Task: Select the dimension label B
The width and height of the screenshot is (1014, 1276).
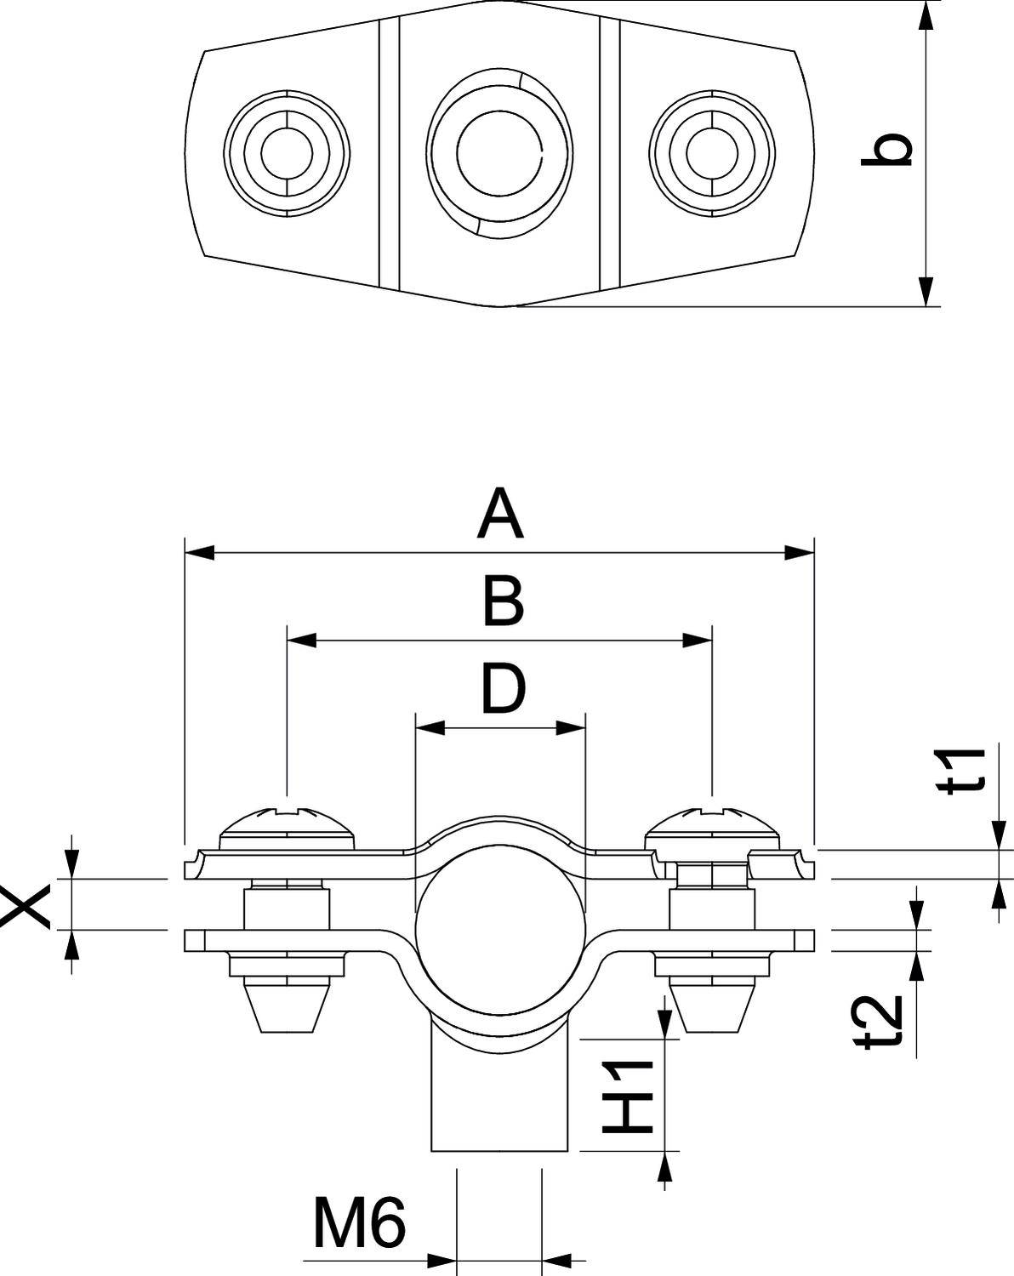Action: coord(502,602)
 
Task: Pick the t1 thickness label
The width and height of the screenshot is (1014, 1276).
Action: coord(966,771)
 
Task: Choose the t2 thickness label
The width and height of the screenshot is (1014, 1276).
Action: coord(880,1020)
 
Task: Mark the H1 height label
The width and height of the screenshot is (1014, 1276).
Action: coord(629,1097)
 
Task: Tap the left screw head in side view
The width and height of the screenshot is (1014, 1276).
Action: coord(288,824)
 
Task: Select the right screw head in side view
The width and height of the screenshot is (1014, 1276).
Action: coord(712,824)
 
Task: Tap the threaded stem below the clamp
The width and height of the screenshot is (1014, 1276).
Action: coord(499,1097)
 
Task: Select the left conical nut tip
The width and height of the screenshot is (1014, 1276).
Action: coord(288,1007)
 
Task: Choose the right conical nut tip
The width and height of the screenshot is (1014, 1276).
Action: coord(712,1007)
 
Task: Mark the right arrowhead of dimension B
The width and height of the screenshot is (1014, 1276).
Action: coord(698,641)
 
